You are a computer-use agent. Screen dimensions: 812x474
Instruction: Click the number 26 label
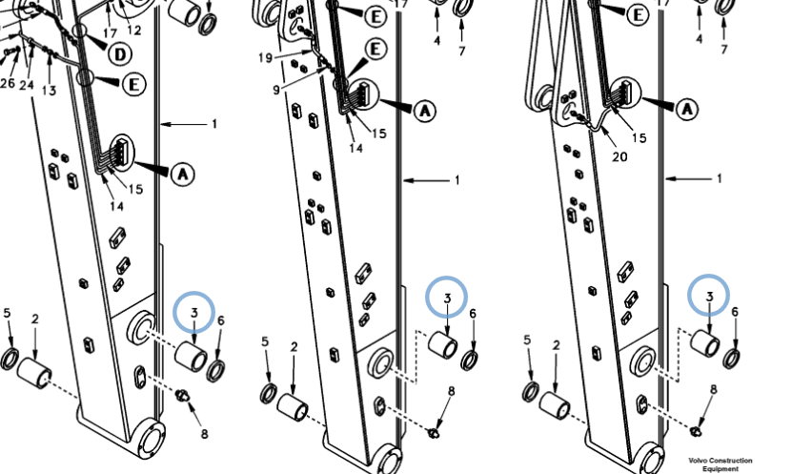coord(7,83)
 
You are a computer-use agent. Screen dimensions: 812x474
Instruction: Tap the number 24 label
coord(27,85)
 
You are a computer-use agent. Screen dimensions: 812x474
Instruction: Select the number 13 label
coord(49,91)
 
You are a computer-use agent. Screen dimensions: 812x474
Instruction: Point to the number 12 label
coord(133,31)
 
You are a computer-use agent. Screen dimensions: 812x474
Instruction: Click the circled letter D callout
coord(120,53)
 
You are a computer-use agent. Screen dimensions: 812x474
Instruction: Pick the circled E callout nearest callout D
coord(133,84)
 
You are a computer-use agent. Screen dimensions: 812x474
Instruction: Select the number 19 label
coord(265,57)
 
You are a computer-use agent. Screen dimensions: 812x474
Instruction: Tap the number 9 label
coord(276,90)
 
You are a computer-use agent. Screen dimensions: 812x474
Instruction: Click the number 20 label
coord(619,155)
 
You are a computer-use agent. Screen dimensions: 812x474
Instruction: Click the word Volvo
coord(697,460)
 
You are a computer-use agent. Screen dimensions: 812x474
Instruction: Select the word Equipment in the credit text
coord(720,468)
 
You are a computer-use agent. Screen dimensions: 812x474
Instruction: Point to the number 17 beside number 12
coord(110,33)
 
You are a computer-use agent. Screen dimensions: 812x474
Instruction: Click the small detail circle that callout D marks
coord(79,31)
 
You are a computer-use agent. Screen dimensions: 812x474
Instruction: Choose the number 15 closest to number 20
coord(639,137)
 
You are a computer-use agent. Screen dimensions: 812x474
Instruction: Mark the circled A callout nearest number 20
coord(687,109)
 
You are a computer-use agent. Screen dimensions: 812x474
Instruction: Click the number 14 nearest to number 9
coord(355,148)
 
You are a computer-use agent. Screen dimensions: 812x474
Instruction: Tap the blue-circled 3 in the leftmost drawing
coord(194,313)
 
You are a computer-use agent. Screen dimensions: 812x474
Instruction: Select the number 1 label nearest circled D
coord(213,124)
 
